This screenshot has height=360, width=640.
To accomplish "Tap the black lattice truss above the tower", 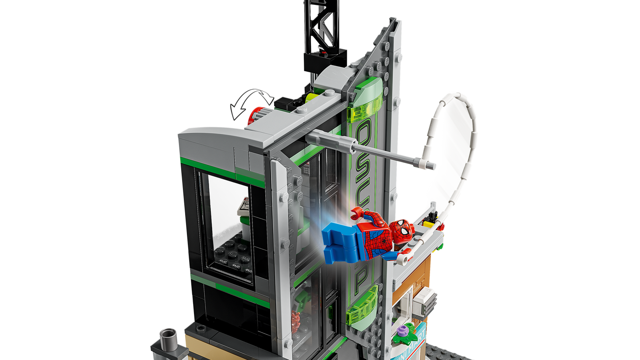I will click(x=319, y=27).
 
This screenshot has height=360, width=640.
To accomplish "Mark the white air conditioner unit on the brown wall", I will click(x=426, y=302).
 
